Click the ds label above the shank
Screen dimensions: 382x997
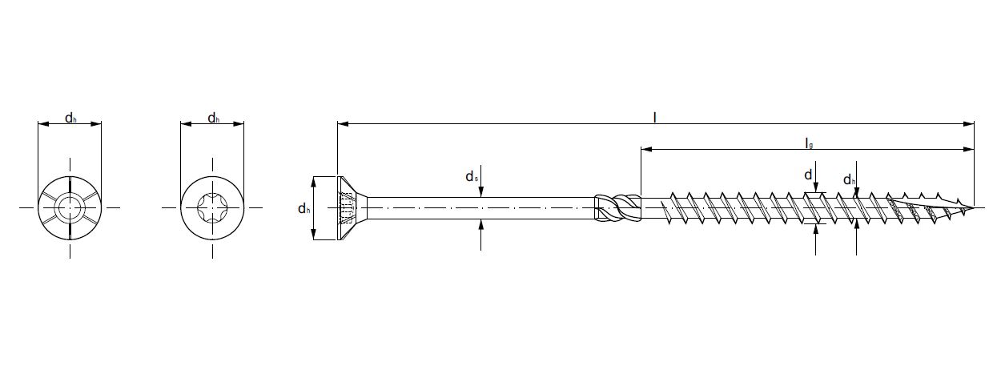pos(472,177)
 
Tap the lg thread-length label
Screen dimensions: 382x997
pos(809,143)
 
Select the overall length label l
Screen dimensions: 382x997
pos(655,117)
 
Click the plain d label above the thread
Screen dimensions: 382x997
pos(809,175)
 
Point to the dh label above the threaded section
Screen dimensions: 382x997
pos(850,180)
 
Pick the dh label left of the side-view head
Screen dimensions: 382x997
pos(304,209)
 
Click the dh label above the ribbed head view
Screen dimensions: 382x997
pos(70,119)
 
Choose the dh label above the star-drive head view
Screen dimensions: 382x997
pos(213,119)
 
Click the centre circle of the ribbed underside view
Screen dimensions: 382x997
pos(70,208)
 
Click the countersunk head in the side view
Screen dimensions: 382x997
pos(349,208)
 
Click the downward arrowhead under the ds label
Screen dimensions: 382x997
pos(480,193)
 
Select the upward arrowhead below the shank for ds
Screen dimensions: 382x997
pos(480,223)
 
